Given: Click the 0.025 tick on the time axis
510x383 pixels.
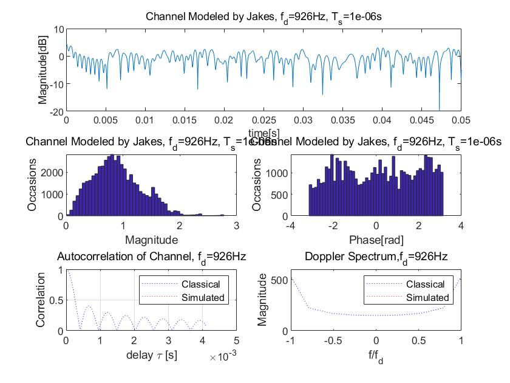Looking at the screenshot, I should tap(264, 122).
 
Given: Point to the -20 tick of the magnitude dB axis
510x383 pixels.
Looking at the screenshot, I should tap(56, 112).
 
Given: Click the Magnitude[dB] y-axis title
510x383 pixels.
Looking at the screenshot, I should tap(43, 70).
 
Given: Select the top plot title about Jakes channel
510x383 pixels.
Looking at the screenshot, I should tap(263, 16).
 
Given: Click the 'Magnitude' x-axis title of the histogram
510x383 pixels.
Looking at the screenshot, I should tap(151, 240).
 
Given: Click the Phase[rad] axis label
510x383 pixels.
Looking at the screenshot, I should tap(376, 240).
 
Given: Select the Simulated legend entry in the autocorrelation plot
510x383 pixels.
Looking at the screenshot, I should tap(203, 297).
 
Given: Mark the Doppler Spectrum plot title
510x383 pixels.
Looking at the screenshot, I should tap(376, 257).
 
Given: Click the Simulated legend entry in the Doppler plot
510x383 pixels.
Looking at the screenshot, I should tap(427, 297).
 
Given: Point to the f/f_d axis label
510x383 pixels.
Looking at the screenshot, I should tap(376, 357).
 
